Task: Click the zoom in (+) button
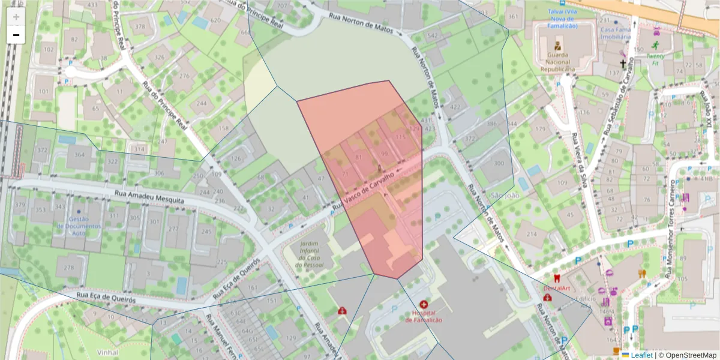(x=16, y=16)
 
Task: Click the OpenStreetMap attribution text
(x=688, y=355)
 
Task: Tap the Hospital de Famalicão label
(x=424, y=316)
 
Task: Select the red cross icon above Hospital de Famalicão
(x=424, y=305)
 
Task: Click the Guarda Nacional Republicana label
(x=557, y=62)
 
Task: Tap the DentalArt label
(x=556, y=288)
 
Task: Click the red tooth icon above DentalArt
(x=556, y=278)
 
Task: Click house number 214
(x=532, y=233)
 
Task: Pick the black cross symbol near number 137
(x=623, y=64)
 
